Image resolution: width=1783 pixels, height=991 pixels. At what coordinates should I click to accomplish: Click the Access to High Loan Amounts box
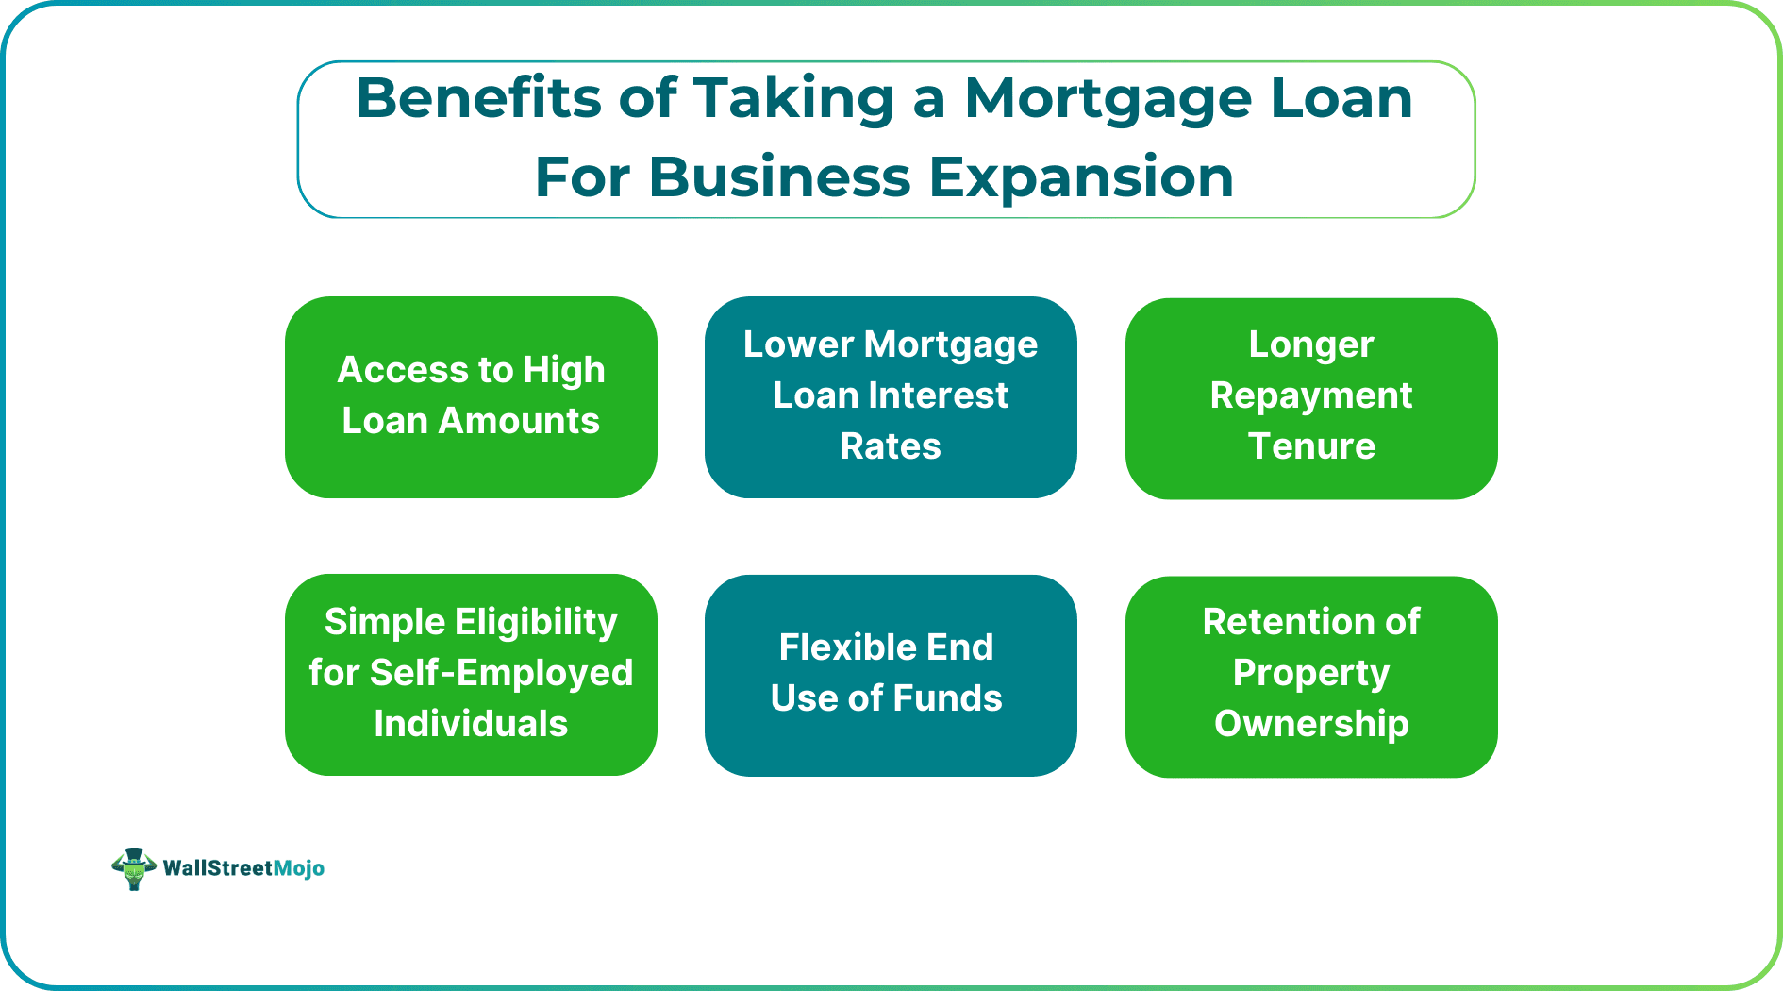click(471, 396)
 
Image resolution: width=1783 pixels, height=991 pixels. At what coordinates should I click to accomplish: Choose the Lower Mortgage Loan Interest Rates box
click(891, 396)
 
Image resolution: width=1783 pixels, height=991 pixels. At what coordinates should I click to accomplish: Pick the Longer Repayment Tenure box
click(1310, 397)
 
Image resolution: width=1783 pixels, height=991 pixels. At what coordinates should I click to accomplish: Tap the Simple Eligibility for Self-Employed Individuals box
click(471, 674)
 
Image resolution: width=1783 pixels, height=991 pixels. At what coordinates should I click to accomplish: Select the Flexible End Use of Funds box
click(891, 675)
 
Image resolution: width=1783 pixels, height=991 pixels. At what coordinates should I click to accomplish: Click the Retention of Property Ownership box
click(1310, 676)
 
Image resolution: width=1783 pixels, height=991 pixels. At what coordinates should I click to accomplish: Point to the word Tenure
click(1311, 445)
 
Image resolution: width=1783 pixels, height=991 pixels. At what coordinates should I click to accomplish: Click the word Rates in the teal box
click(891, 445)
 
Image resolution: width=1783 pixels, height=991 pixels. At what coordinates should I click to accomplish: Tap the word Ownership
click(1311, 724)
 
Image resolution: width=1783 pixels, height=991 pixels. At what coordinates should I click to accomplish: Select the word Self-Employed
click(501, 673)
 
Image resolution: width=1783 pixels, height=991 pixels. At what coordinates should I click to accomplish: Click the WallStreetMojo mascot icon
click(133, 868)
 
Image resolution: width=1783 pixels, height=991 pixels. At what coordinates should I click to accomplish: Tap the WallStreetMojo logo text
click(243, 868)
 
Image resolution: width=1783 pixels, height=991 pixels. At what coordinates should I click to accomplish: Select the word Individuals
click(471, 724)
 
